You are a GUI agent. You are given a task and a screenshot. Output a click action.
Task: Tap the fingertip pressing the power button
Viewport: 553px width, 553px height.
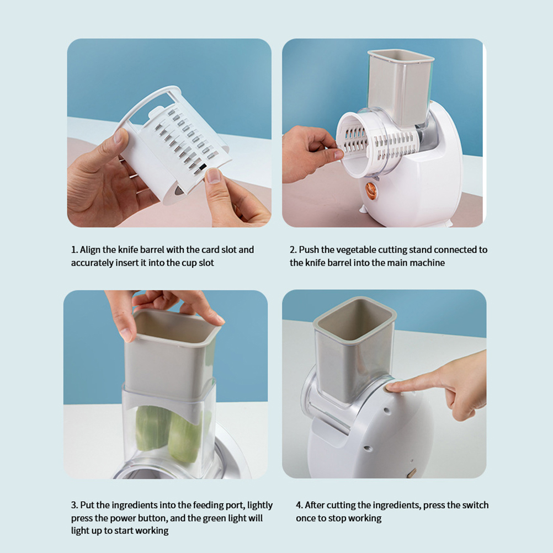click(391, 388)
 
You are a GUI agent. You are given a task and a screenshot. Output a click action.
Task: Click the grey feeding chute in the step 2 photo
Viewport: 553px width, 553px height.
click(400, 87)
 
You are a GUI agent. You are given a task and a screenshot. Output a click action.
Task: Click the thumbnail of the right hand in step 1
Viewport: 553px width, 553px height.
click(212, 176)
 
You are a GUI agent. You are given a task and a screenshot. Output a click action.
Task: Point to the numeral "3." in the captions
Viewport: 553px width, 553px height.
click(74, 506)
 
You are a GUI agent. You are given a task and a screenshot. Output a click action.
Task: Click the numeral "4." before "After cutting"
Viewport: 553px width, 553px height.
click(299, 506)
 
